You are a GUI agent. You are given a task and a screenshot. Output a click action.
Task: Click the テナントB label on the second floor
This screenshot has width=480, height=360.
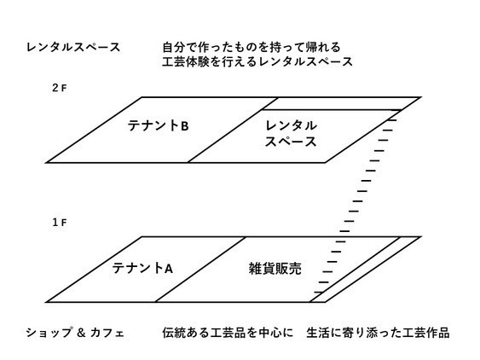coord(158,126)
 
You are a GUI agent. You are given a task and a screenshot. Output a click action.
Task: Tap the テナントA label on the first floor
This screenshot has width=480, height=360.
coord(142,268)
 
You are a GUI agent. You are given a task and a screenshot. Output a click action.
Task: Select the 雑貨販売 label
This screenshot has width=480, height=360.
coord(275,269)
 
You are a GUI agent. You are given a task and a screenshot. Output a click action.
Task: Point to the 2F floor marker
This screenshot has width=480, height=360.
coord(60,88)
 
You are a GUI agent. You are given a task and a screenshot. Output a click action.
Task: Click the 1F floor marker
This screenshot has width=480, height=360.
coord(60,223)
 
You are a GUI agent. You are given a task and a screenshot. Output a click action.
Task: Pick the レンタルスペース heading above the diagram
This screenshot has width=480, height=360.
coord(73,47)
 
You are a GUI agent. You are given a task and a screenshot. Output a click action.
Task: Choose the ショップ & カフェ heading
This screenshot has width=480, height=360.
coord(75,333)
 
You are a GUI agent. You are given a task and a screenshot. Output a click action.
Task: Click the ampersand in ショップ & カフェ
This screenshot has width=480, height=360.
coord(81,333)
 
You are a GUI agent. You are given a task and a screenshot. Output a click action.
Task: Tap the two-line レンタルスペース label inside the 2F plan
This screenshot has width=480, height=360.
coord(291,134)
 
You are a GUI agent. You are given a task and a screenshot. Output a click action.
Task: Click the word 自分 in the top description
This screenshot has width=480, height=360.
coord(174,47)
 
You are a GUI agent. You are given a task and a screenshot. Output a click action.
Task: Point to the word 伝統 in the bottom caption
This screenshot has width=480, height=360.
coord(174,333)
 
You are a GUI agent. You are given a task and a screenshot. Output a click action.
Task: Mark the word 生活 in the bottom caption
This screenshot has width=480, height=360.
coord(318,333)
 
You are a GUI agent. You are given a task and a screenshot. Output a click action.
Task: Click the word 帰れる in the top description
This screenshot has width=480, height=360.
coord(324,47)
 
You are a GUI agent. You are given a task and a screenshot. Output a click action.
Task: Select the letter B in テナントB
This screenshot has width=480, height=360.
coord(185,126)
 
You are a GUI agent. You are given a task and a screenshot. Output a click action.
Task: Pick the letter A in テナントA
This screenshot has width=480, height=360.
coord(169,269)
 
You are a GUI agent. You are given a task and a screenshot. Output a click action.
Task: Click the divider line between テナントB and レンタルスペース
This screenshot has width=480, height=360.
coord(233,130)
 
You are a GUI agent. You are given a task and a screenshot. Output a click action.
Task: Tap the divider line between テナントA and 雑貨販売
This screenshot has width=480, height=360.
coord(201,269)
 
